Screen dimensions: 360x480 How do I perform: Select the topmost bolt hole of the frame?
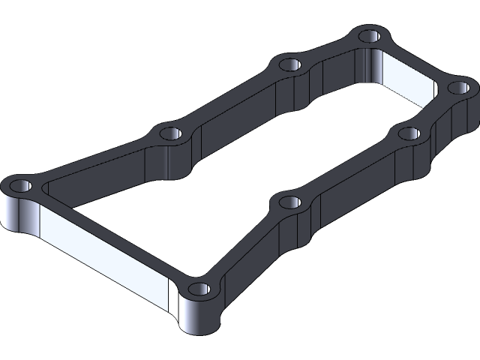pyautogui.click(x=369, y=35)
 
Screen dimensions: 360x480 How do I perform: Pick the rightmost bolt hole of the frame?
pyautogui.click(x=457, y=88)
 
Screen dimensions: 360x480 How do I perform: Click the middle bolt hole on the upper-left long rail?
pyautogui.click(x=170, y=133)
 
